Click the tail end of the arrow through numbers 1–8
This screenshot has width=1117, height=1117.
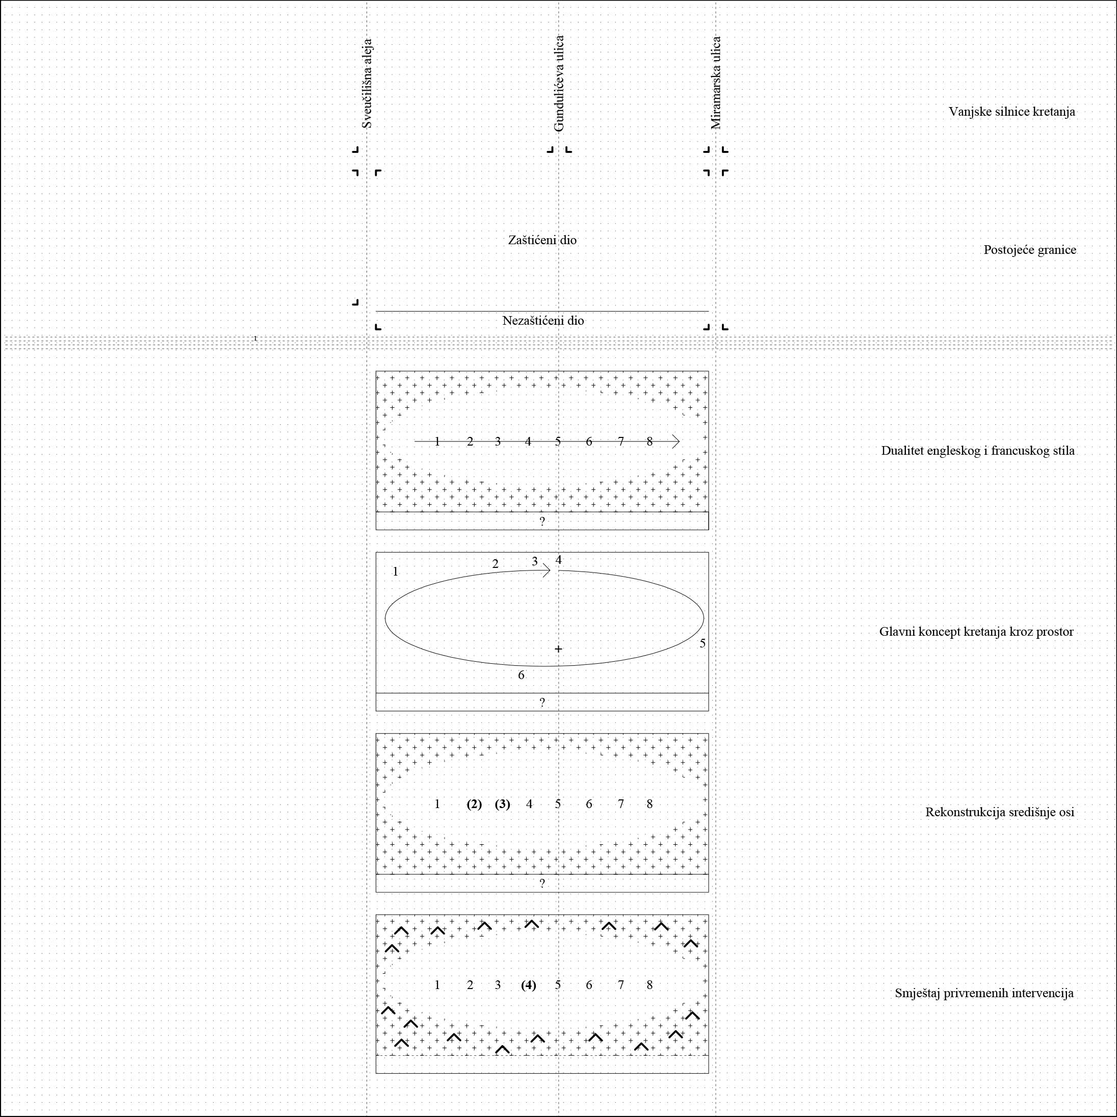click(414, 441)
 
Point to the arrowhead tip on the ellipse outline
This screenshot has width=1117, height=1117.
click(551, 570)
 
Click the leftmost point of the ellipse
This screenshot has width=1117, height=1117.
click(385, 618)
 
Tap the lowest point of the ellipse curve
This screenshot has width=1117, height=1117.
click(543, 666)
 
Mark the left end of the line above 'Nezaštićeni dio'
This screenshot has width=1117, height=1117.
click(376, 311)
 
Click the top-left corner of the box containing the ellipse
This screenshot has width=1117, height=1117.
click(376, 553)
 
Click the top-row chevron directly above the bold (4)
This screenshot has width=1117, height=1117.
click(532, 924)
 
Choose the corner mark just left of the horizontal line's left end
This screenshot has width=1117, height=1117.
click(355, 302)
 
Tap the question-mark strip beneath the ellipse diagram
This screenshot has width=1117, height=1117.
click(542, 702)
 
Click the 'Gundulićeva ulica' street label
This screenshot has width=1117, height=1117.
click(559, 84)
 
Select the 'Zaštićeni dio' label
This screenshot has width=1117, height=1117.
click(542, 240)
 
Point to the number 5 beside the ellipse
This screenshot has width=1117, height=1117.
click(703, 643)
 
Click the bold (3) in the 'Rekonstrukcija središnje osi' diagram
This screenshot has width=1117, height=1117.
click(502, 804)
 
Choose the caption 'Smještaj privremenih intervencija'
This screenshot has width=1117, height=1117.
click(984, 993)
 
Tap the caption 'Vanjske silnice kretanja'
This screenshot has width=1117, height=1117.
click(1012, 112)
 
